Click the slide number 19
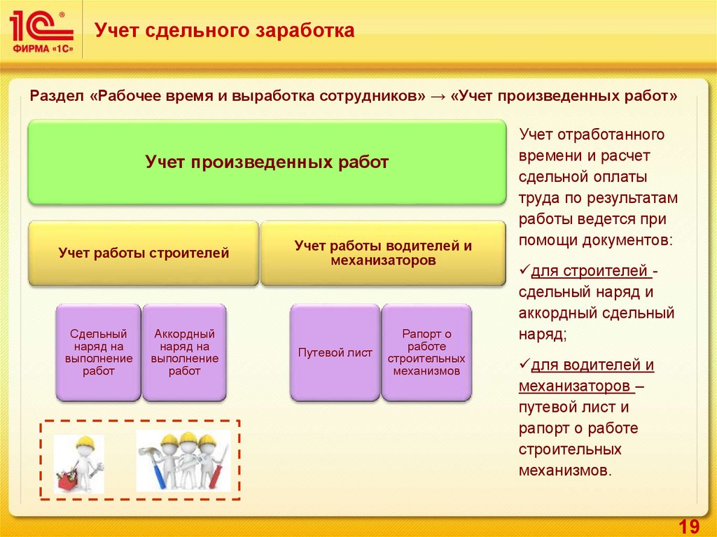click(x=689, y=525)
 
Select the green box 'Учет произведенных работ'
click(x=267, y=162)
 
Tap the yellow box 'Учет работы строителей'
click(x=144, y=253)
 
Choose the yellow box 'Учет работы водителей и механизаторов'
click(x=383, y=253)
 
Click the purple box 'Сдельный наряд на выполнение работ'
click(x=99, y=352)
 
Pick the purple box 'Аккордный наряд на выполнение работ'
click(x=184, y=352)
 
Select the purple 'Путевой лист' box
click(x=335, y=352)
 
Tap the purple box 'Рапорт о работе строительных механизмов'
click(x=426, y=352)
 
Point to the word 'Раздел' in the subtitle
click(x=55, y=97)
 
